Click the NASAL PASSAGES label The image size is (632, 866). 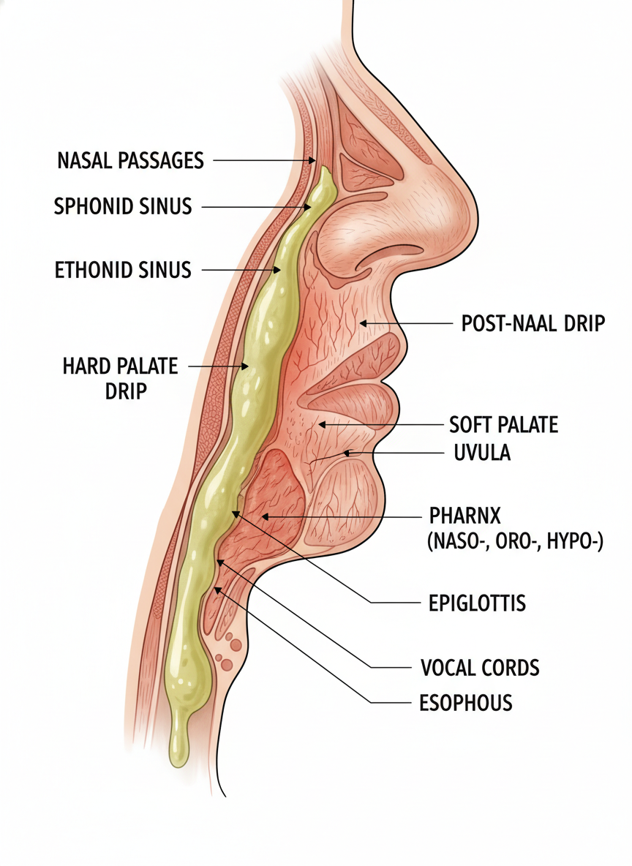130,159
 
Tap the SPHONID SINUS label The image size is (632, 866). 123,206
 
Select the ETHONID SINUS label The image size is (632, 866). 123,270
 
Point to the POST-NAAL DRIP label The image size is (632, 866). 533,323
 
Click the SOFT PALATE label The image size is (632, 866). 503,424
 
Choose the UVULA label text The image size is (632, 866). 477,453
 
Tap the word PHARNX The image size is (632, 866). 464,516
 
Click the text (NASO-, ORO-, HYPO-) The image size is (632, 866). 514,542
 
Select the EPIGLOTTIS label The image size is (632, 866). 476,603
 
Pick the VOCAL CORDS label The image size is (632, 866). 480,667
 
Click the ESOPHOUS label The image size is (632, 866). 465,703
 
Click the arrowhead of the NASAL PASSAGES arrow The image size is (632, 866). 313,160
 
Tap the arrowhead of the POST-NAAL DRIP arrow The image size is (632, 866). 361,323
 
